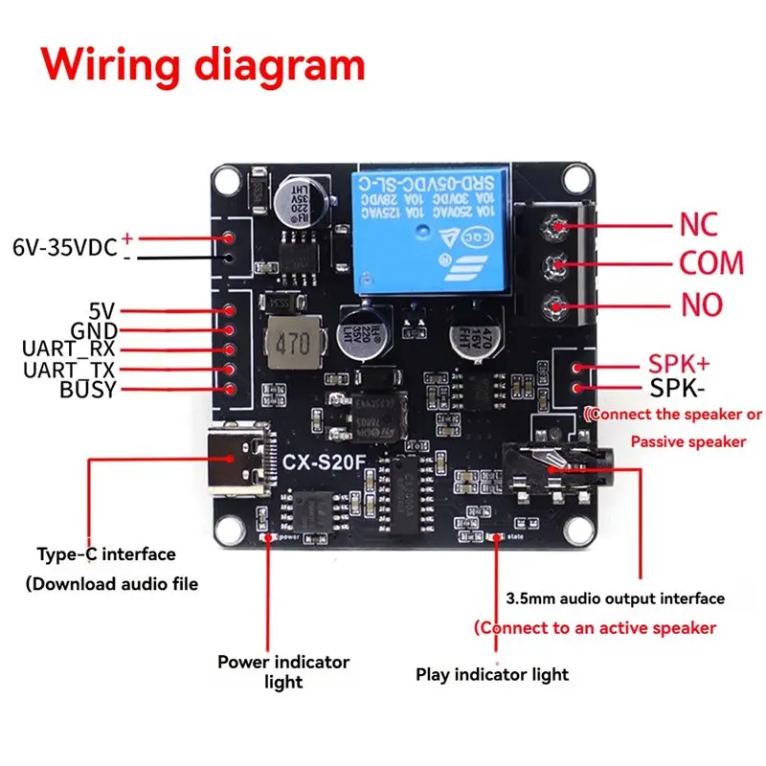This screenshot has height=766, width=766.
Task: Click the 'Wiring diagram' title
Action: (x=203, y=65)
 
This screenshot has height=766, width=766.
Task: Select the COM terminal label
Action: (x=711, y=263)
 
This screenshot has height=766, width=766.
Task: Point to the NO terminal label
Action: (x=702, y=305)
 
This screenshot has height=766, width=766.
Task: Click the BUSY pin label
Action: (x=87, y=390)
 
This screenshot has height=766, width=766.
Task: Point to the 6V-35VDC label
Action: (x=65, y=247)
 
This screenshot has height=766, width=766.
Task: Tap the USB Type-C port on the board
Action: (x=235, y=460)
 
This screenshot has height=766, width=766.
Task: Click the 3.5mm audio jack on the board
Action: (x=565, y=469)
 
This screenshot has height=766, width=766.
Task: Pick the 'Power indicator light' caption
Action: (x=283, y=671)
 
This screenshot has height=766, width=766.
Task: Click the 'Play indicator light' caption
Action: (x=492, y=674)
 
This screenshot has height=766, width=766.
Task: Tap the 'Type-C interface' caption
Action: (x=106, y=553)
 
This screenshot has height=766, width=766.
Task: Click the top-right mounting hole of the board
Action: (x=576, y=177)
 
